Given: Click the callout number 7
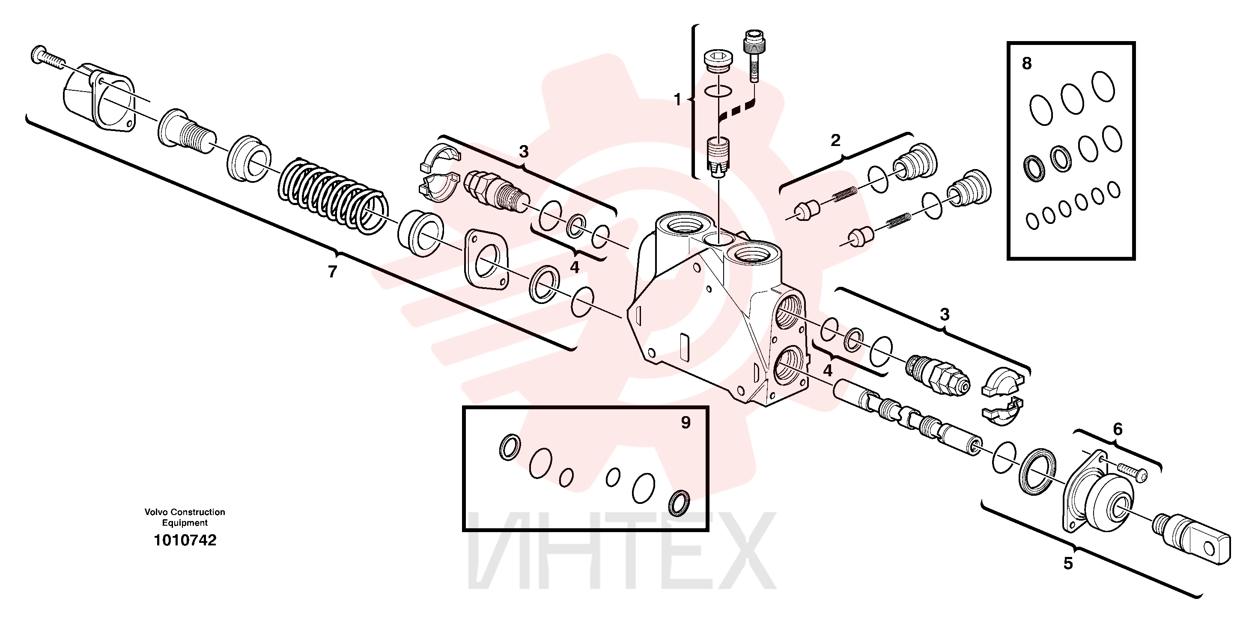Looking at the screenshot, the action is click(332, 272).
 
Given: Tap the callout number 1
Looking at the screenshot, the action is click(677, 100).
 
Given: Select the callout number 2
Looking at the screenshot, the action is click(835, 140).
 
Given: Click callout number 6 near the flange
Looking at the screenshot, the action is click(1118, 429).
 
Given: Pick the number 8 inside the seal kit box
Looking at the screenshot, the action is click(1027, 63).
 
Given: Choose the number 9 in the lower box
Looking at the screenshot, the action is click(686, 423).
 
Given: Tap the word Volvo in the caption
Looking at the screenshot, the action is click(157, 512).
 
